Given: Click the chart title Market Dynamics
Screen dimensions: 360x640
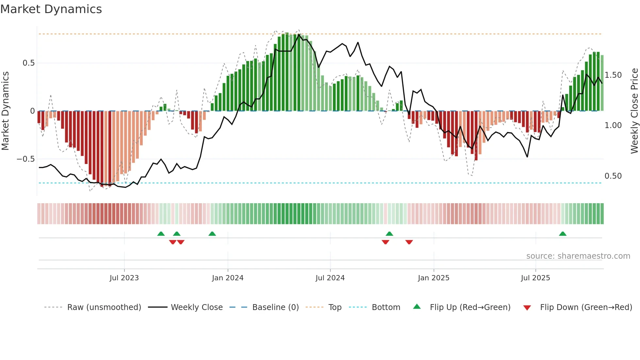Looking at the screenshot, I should click(x=51, y=9).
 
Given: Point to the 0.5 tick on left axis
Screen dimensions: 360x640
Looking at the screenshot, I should click(x=28, y=63).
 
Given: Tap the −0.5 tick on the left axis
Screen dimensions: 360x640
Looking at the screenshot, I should click(x=26, y=159).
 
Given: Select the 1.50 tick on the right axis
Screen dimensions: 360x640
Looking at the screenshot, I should click(x=613, y=75).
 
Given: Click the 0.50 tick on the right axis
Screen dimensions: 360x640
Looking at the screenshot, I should click(x=613, y=176).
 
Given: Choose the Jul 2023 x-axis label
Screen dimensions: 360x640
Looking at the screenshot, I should click(x=124, y=278).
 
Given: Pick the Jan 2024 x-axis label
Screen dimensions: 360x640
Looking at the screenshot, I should click(x=228, y=278).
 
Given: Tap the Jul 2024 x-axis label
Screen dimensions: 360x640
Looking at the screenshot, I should click(x=330, y=278).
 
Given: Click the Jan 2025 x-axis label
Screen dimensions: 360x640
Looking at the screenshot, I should click(x=433, y=278).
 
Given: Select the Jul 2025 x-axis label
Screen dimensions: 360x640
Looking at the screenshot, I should click(x=535, y=278).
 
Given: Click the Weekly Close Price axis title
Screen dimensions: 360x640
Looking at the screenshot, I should click(x=634, y=111).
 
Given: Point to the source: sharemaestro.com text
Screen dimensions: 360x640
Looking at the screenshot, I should click(x=578, y=256).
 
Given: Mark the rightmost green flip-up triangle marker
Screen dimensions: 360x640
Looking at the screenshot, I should click(x=563, y=234).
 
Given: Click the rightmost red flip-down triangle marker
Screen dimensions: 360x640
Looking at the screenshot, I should click(x=409, y=242).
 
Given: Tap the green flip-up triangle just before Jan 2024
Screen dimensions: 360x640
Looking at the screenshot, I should click(x=212, y=234).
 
